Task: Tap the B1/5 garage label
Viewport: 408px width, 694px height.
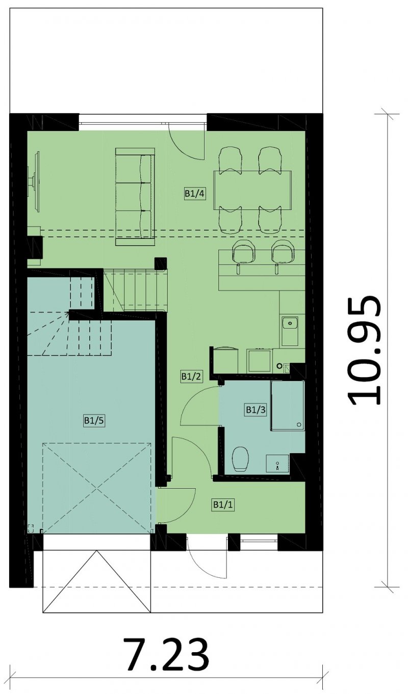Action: tap(94, 421)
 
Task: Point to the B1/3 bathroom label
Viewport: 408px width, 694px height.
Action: tap(256, 410)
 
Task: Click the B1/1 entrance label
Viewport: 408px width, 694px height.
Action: tap(223, 504)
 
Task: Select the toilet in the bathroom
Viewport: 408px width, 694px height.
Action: tap(241, 459)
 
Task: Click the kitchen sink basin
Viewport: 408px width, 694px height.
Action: tap(290, 324)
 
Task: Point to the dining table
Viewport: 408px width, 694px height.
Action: tap(252, 190)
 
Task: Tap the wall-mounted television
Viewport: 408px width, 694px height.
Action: tap(35, 182)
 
